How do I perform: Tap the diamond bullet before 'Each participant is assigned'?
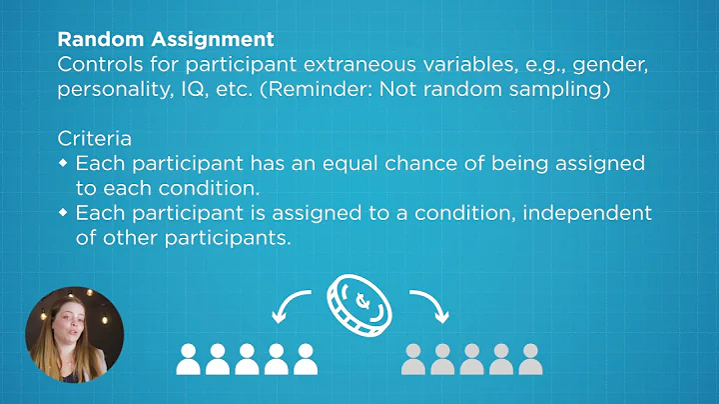tap(64, 213)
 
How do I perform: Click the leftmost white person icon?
tap(188, 358)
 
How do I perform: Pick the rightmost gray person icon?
tap(529, 358)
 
